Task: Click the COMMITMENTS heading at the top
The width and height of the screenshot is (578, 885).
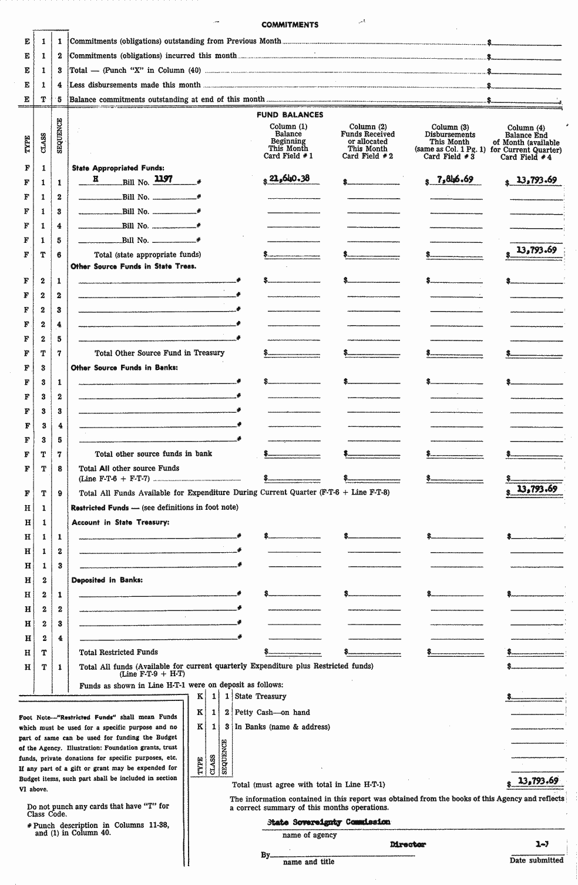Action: click(x=290, y=25)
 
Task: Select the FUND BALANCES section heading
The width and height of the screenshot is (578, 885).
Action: click(x=290, y=115)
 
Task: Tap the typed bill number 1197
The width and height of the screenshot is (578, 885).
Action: click(x=163, y=179)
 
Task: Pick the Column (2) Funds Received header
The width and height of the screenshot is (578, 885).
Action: click(x=368, y=141)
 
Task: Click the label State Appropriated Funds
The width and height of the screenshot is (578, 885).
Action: click(x=118, y=168)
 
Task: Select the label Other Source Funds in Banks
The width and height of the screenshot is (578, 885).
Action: click(x=124, y=368)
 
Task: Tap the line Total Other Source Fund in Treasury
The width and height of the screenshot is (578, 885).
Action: click(x=159, y=353)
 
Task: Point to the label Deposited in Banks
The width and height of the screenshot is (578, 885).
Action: click(x=107, y=580)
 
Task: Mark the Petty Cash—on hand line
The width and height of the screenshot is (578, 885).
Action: click(x=272, y=712)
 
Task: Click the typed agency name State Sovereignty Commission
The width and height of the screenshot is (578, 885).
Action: click(x=328, y=822)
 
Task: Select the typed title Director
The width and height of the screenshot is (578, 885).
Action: click(x=408, y=844)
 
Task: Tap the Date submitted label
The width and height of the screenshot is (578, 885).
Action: click(x=536, y=860)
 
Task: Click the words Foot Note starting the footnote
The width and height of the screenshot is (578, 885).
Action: click(x=33, y=717)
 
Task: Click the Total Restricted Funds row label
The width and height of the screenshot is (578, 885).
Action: click(x=118, y=652)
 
